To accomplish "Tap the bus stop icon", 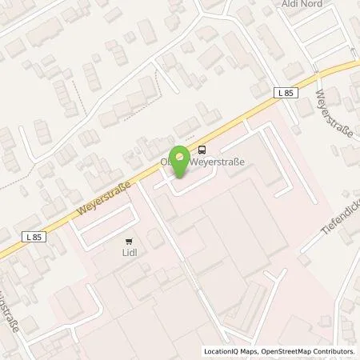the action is coord(201,148).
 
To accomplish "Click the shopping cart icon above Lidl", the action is coord(128,241).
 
